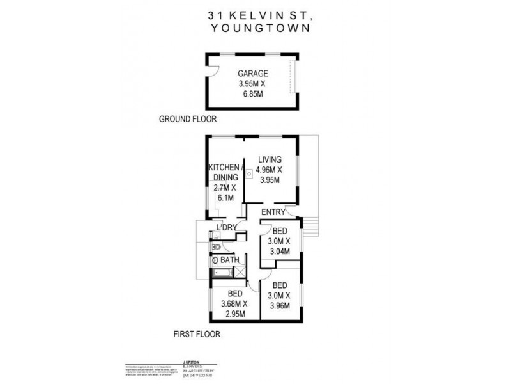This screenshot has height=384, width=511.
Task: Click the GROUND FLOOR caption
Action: click(x=188, y=119)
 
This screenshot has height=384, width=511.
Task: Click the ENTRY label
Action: click(x=273, y=212)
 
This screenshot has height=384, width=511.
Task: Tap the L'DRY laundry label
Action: click(x=227, y=228)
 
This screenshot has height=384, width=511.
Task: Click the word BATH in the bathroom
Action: click(x=230, y=260)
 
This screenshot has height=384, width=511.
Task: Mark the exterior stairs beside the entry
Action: click(x=311, y=227)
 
